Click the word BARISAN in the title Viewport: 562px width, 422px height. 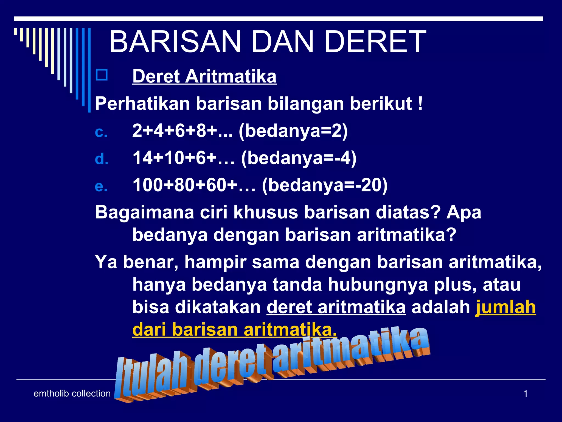point(175,42)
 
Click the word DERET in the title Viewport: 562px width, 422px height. point(375,42)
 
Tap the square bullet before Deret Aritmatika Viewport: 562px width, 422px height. point(102,75)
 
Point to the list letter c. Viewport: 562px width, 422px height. point(101,132)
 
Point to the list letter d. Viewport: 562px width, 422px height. point(102,159)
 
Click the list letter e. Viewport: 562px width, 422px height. point(101,187)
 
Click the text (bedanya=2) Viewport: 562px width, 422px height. point(293,131)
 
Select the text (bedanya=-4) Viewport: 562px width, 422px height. point(299,158)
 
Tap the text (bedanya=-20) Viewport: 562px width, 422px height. point(325,185)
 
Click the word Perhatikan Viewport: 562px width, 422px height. point(142,104)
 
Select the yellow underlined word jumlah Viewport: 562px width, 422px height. point(505,307)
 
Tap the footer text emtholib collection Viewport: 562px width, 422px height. point(72,393)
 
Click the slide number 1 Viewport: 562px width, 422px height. point(526,394)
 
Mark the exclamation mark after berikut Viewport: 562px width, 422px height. point(421,104)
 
